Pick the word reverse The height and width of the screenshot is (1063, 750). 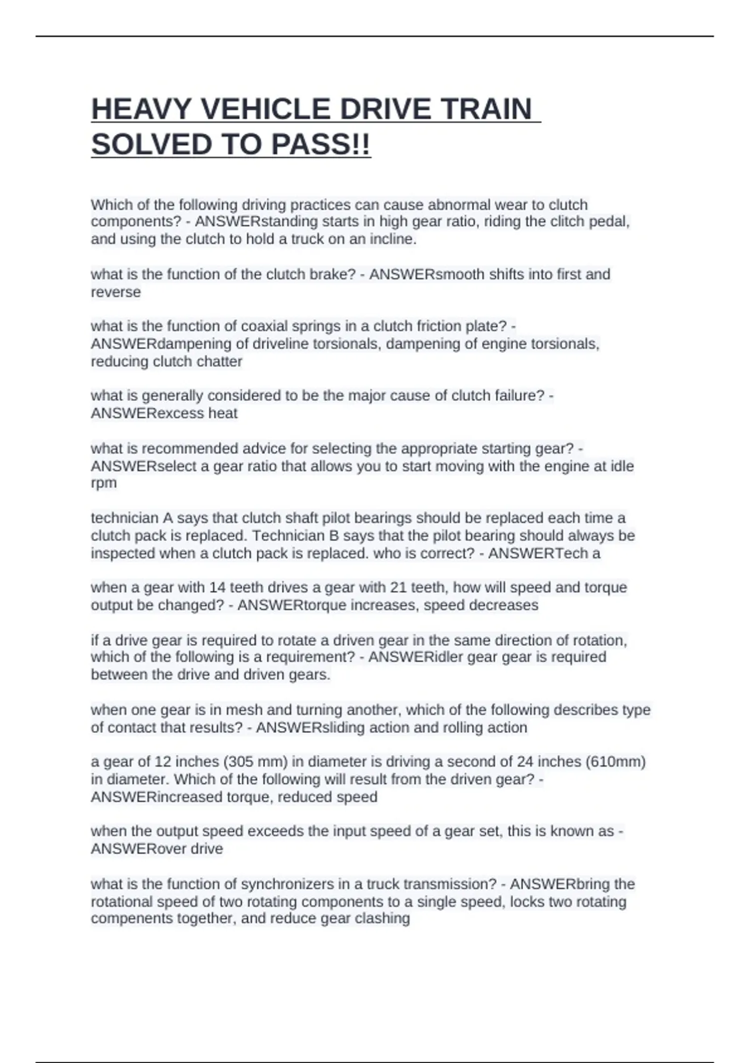[x=116, y=292]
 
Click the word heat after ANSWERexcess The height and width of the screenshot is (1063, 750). [x=222, y=413]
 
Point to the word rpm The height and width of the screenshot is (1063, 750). [x=104, y=483]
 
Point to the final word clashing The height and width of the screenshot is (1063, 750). [x=382, y=919]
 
